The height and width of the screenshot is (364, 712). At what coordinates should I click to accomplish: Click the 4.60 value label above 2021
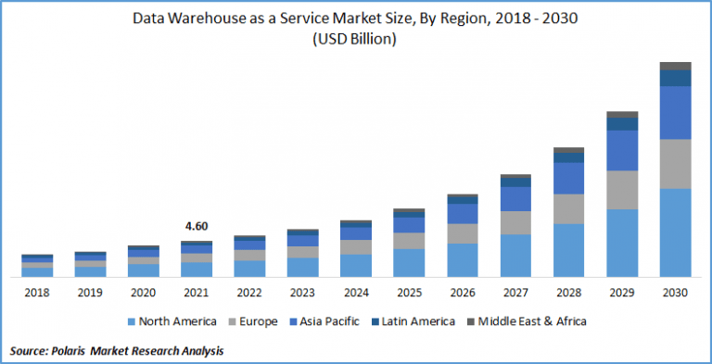[196, 226]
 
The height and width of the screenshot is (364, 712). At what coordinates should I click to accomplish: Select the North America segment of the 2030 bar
[676, 232]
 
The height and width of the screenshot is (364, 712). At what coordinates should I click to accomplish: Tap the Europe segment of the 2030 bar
[676, 164]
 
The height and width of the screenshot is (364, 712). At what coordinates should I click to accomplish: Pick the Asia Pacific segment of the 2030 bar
[676, 112]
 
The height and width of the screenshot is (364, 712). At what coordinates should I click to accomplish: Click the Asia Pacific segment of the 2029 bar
[622, 150]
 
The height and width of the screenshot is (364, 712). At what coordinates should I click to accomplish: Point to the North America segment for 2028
[568, 249]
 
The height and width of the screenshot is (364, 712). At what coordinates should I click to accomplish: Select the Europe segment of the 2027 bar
[515, 222]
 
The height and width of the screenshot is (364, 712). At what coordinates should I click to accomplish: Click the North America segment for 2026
[462, 259]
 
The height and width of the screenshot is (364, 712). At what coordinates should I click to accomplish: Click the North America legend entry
[172, 321]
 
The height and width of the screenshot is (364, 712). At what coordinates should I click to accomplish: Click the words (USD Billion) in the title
[356, 39]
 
